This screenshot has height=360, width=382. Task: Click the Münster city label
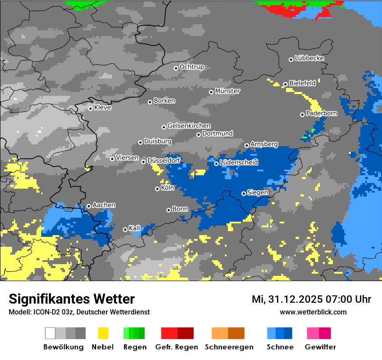227,91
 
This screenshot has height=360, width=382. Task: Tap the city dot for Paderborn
302,115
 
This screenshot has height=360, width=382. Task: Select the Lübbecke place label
309,58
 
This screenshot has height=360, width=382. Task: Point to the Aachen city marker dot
89,206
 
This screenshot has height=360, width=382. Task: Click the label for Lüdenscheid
239,163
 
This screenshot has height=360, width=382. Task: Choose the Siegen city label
257,193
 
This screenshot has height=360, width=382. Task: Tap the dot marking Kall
125,229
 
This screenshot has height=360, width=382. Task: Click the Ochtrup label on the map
191,67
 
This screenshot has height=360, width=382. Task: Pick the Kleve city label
102,108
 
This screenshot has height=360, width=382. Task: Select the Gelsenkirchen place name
189,126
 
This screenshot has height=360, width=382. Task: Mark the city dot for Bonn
168,210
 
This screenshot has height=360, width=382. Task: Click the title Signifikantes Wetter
72,299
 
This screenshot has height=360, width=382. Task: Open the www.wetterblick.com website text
313,312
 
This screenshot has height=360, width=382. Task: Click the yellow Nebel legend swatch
103,333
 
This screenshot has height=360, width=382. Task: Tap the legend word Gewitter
320,347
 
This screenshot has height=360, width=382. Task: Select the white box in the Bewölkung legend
50,333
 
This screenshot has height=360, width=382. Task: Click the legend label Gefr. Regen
176,347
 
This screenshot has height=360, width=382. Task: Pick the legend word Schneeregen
229,347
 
